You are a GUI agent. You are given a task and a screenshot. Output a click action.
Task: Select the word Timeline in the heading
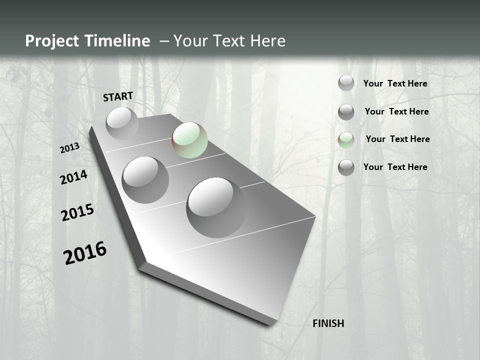click(118, 41)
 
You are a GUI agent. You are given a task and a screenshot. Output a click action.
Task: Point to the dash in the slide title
click(164, 41)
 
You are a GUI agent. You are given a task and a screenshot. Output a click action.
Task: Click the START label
click(118, 96)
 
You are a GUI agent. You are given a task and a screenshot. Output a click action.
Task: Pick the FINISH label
click(328, 323)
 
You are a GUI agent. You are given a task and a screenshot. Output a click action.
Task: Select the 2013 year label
click(69, 148)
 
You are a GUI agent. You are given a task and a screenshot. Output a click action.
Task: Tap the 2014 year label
click(73, 177)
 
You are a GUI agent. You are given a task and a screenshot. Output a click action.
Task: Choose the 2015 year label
click(77, 212)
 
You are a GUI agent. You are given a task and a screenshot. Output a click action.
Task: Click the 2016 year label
click(85, 252)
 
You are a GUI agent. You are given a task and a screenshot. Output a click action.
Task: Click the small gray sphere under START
click(122, 123)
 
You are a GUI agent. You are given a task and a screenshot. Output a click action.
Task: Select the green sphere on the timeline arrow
click(190, 140)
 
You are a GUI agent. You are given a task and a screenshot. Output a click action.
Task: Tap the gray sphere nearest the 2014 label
click(145, 179)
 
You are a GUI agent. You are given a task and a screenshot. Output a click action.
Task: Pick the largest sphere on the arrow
click(216, 207)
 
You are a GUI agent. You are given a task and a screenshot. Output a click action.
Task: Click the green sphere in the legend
click(346, 140)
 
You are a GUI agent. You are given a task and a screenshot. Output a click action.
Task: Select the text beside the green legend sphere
click(397, 139)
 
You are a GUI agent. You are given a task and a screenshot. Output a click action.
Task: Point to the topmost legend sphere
click(346, 83)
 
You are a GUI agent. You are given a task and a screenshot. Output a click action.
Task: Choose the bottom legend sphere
click(346, 167)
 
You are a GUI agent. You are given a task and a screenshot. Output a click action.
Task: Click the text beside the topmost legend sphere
click(395, 83)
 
